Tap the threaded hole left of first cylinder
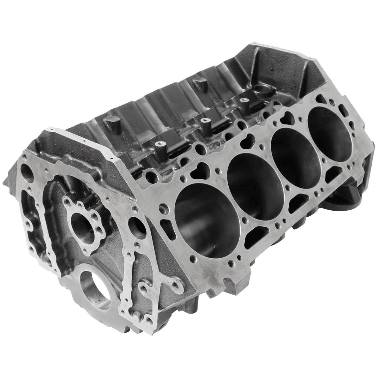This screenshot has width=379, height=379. (164, 209)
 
